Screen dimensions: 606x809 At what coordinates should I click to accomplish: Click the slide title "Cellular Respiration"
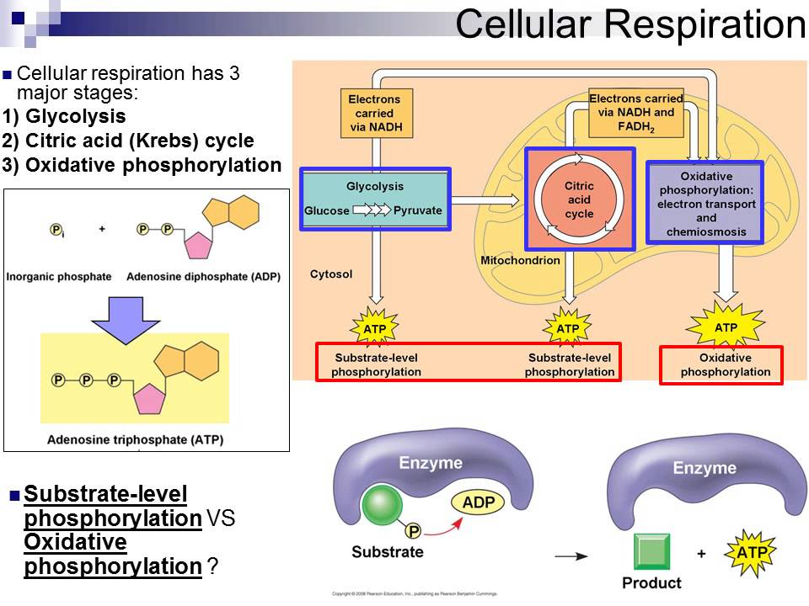tap(630, 25)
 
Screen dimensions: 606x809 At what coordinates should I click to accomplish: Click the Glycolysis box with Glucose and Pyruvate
tap(375, 199)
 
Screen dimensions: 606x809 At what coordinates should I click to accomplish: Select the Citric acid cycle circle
tap(578, 199)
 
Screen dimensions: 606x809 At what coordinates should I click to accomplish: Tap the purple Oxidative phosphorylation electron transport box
tap(705, 203)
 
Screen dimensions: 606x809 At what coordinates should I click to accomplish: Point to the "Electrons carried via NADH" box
tap(374, 114)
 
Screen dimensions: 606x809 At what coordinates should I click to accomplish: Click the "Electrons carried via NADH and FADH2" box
tap(636, 114)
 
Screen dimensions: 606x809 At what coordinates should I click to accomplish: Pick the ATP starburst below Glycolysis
tap(374, 327)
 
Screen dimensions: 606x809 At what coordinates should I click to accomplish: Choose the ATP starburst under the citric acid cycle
tap(568, 327)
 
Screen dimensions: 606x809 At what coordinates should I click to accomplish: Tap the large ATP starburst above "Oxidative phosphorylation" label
tap(726, 326)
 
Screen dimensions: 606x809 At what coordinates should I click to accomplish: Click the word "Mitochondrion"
tap(520, 261)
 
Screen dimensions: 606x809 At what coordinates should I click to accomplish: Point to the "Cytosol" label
tap(330, 274)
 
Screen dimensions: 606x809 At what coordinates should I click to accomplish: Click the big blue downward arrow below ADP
tap(126, 317)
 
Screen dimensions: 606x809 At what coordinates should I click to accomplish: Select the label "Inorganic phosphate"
tap(57, 276)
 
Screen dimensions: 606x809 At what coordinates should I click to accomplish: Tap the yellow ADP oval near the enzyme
tap(478, 502)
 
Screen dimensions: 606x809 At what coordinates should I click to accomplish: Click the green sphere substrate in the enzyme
tap(383, 507)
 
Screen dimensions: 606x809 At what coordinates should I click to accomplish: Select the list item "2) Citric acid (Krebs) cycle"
tap(128, 141)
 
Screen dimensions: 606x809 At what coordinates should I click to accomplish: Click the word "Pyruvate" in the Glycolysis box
tap(418, 210)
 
